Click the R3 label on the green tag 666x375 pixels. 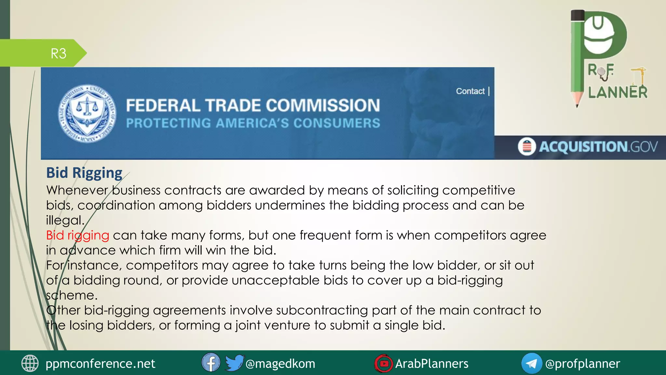(x=59, y=53)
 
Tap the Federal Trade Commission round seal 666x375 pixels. (x=87, y=114)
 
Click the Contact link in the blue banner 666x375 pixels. (x=470, y=91)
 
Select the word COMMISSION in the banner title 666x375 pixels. (x=323, y=105)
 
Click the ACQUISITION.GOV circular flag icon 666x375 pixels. (x=526, y=146)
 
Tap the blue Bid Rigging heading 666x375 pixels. (x=84, y=173)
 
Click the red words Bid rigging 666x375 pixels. (x=77, y=235)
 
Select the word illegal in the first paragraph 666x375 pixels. (x=65, y=220)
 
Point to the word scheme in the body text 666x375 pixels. (x=72, y=295)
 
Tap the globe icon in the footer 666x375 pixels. (x=30, y=363)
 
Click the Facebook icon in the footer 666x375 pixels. (x=211, y=363)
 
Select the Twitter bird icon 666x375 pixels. (x=234, y=363)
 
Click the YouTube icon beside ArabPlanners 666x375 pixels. (x=383, y=363)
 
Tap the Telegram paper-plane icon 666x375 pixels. (x=531, y=363)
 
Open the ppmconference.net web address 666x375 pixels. (x=100, y=364)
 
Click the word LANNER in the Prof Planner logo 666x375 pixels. (x=618, y=92)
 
